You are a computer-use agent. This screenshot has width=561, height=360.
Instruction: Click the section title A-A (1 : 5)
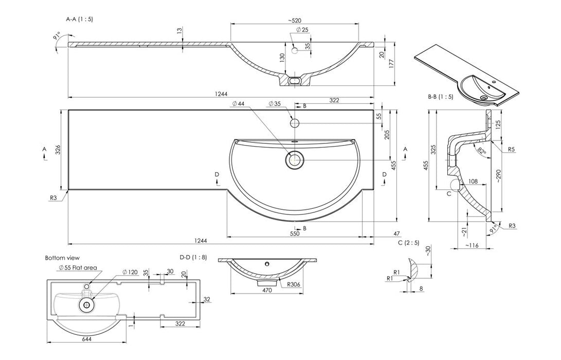pos(80,19)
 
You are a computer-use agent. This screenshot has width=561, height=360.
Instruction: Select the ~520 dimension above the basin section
pos(295,21)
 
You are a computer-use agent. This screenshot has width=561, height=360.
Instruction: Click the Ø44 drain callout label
pos(238,104)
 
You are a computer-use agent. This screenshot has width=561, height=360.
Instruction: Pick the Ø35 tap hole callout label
pos(274,104)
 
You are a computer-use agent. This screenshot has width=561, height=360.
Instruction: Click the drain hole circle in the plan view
pos(295,159)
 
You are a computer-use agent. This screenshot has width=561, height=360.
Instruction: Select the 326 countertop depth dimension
pos(58,150)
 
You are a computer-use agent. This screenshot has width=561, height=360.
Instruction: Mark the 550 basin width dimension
pos(294,234)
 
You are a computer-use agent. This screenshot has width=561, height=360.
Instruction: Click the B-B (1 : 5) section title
pos(440,97)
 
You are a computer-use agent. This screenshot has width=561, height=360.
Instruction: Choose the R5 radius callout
pos(511,150)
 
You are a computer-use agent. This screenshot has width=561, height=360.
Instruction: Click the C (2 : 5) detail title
pos(408,242)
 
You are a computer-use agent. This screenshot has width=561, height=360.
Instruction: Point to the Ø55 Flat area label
pos(78,267)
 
